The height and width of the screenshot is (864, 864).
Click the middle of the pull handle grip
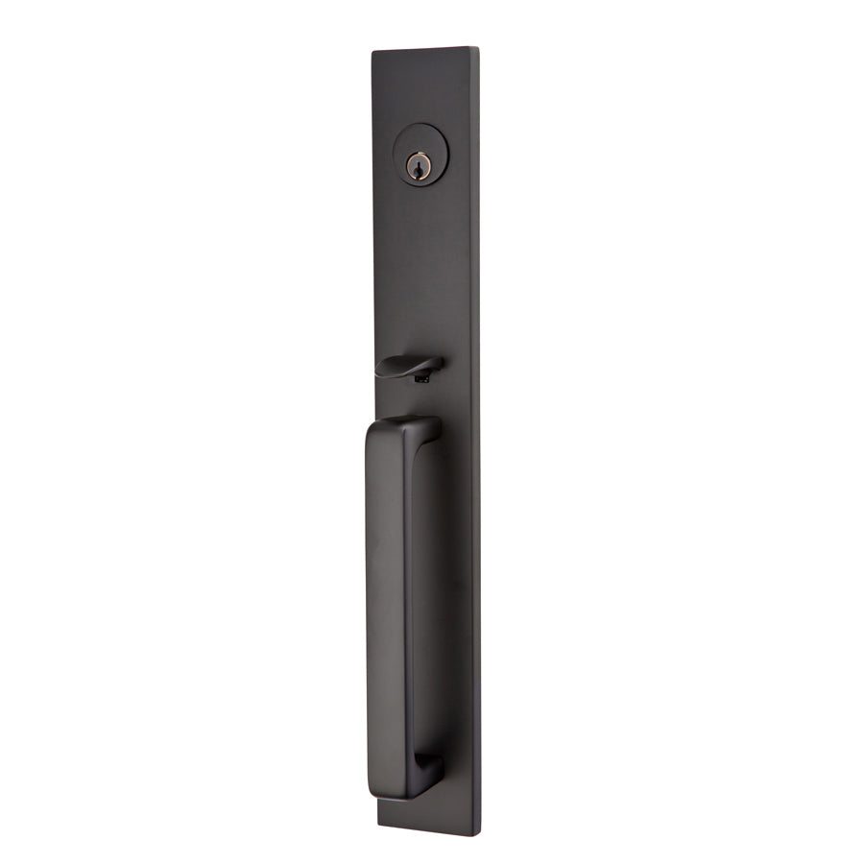tap(385, 605)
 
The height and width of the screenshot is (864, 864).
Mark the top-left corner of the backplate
tap(373, 53)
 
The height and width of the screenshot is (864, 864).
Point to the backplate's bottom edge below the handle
tap(427, 828)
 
